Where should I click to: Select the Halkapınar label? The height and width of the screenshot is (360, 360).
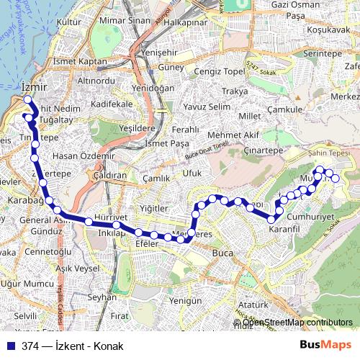tap(186, 23)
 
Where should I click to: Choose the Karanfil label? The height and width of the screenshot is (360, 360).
tap(283, 228)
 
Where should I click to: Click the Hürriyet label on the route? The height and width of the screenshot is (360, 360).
tap(111, 217)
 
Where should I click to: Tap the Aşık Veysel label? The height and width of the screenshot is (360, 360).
tap(77, 268)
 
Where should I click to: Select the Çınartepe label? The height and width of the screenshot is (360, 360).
tap(264, 150)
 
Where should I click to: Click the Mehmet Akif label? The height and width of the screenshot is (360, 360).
tap(232, 135)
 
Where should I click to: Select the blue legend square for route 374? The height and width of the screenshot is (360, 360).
tap(10, 346)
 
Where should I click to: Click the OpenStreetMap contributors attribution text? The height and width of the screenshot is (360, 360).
tap(297, 322)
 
